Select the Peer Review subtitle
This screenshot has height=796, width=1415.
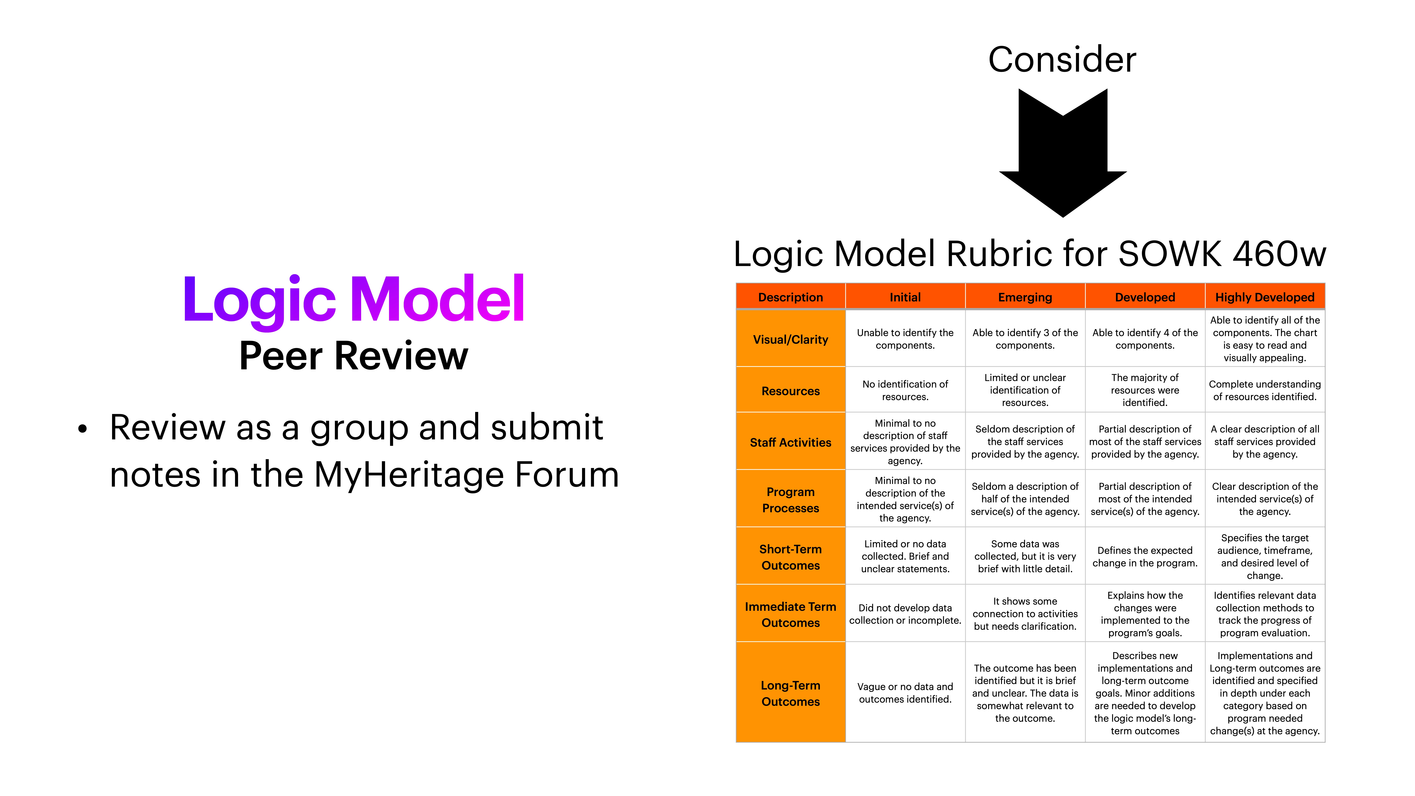coord(354,356)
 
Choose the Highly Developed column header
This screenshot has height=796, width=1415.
coord(1264,297)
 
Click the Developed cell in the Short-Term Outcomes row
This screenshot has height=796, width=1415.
coord(1145,556)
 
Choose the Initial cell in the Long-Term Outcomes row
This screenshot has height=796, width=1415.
coord(905,693)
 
